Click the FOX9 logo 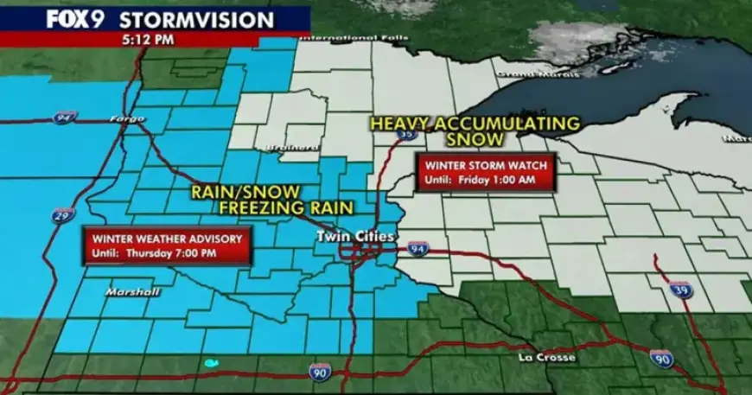75,19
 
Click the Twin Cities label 355,236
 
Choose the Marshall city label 132,291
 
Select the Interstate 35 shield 406,133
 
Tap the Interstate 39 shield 679,286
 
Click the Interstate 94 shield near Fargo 63,117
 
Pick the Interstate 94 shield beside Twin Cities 417,248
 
